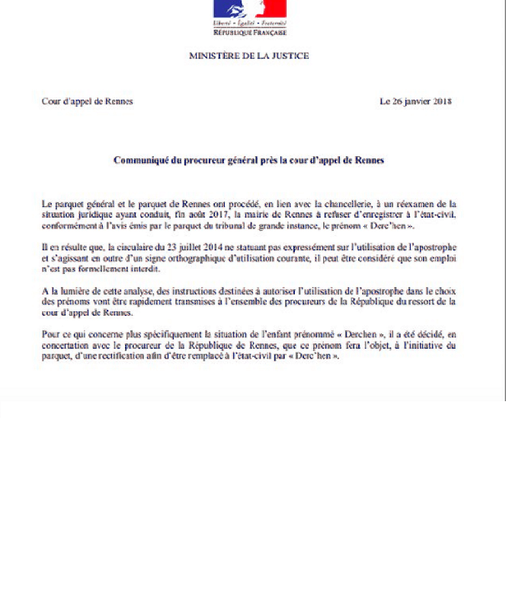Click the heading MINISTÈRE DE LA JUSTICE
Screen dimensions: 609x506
[249, 56]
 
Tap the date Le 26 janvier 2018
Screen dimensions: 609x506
[416, 102]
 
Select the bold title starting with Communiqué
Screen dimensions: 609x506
[249, 161]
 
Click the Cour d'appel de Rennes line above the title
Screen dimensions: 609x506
[87, 102]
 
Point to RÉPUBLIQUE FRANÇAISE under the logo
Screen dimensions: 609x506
[249, 33]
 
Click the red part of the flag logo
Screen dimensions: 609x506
[272, 8]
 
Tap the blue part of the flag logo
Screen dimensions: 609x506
[227, 8]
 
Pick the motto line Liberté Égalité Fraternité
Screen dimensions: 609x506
[249, 25]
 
